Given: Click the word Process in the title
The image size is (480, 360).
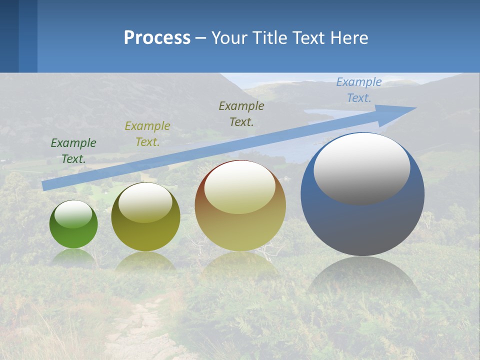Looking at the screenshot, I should pyautogui.click(x=157, y=38).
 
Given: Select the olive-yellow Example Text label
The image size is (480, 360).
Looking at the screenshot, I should pyautogui.click(x=147, y=134).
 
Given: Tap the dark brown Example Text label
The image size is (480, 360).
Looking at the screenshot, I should pyautogui.click(x=241, y=114).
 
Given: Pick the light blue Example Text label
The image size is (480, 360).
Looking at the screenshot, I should pyautogui.click(x=359, y=90).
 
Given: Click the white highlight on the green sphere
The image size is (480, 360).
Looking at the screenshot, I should pyautogui.click(x=73, y=214).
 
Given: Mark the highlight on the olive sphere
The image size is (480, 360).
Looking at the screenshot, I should pyautogui.click(x=145, y=202).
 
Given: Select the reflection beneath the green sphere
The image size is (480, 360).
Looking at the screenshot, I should pyautogui.click(x=73, y=256).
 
